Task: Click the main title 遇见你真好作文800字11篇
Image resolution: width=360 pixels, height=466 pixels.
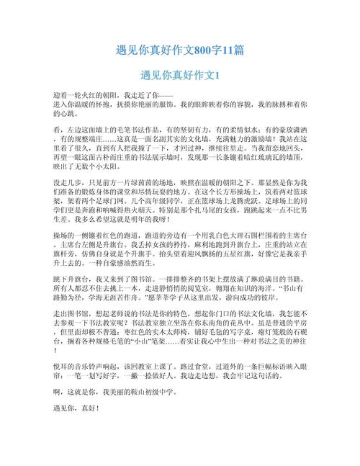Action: [x=180, y=50]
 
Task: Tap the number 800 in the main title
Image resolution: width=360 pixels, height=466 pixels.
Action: [x=204, y=50]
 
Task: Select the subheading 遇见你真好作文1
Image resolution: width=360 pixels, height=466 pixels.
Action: [x=180, y=75]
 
